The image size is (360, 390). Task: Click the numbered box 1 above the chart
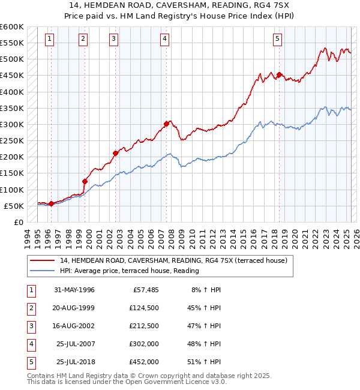(x=49, y=39)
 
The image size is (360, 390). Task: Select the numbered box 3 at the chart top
(x=114, y=39)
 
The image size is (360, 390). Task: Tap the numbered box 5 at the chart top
(x=278, y=39)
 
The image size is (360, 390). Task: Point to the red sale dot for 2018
(x=279, y=75)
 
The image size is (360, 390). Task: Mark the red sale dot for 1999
(x=85, y=182)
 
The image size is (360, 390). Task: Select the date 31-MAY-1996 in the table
(x=74, y=290)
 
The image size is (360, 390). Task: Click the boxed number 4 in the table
(x=30, y=344)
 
